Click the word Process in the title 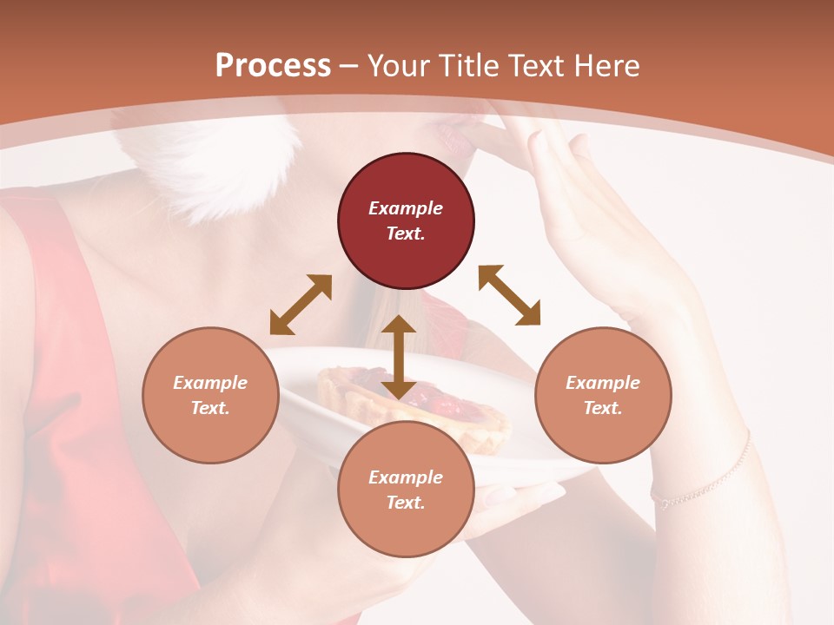(x=273, y=66)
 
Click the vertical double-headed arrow (x=399, y=357)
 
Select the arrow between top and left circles (x=301, y=305)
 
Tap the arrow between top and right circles (x=510, y=295)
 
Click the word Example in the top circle (x=406, y=208)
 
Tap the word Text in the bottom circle (x=405, y=503)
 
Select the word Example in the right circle (x=603, y=383)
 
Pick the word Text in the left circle (x=209, y=408)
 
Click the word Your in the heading (x=400, y=66)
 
